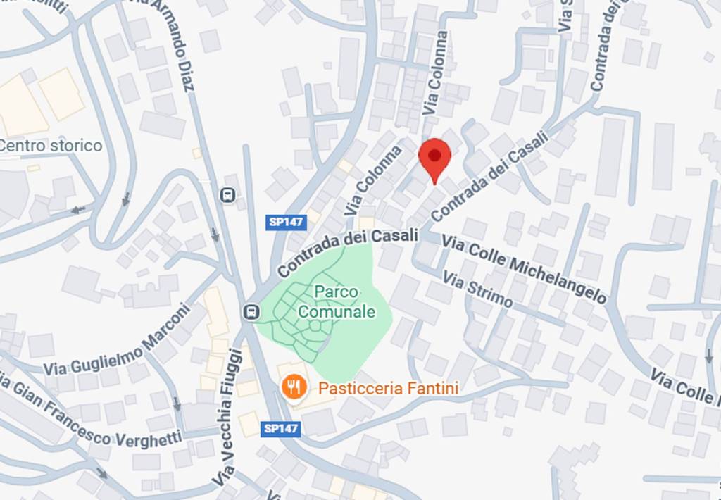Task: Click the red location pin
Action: click(434, 158)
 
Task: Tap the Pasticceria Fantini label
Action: click(389, 388)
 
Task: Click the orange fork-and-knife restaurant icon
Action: click(292, 387)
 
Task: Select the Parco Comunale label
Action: click(336, 301)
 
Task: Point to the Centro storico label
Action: click(51, 146)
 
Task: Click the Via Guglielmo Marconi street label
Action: click(117, 340)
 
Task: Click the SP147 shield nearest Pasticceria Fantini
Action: click(282, 428)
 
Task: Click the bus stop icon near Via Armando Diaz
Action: click(227, 194)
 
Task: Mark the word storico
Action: click(76, 146)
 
